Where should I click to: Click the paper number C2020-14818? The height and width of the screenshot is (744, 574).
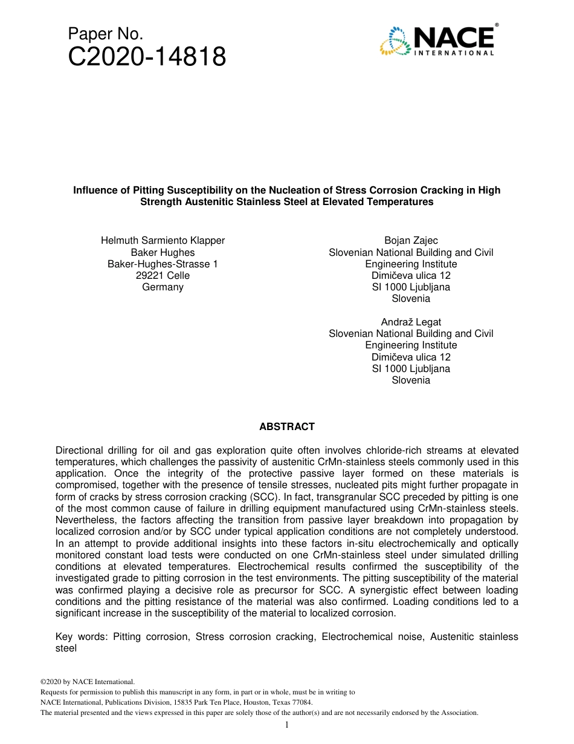(x=147, y=57)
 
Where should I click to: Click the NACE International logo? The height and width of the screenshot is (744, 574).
(x=437, y=41)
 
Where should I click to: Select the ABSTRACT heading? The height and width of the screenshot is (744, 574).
(x=287, y=426)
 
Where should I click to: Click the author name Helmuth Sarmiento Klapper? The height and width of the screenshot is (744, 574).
(x=163, y=240)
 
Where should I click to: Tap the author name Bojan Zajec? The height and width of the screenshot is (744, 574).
(x=411, y=240)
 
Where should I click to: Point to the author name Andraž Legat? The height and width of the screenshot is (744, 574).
(x=411, y=322)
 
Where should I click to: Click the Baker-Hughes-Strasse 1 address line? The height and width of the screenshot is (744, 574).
(x=163, y=264)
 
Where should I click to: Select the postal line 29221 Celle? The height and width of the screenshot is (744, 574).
(x=163, y=275)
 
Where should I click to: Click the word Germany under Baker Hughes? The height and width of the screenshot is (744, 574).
(x=163, y=287)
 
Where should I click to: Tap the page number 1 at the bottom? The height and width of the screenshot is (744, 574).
(x=287, y=725)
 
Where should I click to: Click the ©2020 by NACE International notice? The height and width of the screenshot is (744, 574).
(x=87, y=682)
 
